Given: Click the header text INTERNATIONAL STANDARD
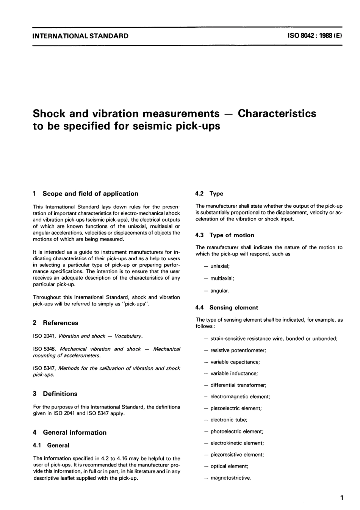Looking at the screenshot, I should pos(80,36).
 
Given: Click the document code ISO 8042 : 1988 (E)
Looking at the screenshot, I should pos(315,36).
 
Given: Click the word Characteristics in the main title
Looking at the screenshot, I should pos(277,113).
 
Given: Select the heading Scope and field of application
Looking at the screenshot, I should pos(90,194).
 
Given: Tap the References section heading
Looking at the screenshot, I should pos(60,323).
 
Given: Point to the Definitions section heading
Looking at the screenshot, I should pos(60,394).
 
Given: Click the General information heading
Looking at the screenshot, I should pos(75,432).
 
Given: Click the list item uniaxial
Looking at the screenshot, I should pos(220,266).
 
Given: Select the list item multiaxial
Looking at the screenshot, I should pos(222,278).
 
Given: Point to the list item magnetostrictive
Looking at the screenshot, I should pos(231,478).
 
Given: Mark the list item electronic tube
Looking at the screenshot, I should pos(229,420).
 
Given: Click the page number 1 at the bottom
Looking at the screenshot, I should pos(341,497).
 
